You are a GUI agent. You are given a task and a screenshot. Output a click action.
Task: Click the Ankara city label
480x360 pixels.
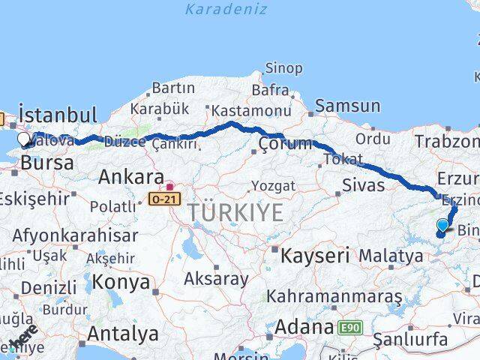coord(131,178)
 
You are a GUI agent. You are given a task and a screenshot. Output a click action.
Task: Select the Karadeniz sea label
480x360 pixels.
coord(226,10)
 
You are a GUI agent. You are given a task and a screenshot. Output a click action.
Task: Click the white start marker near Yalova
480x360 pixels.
coord(23,139)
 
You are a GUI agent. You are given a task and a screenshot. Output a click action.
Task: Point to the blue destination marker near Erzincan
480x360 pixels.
coord(442,225)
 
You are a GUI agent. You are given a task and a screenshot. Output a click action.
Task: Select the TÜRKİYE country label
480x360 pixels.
coord(235,212)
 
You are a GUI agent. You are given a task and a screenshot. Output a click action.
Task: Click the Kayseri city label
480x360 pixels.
coord(315,256)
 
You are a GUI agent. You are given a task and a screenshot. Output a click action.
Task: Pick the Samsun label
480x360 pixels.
coord(347,106)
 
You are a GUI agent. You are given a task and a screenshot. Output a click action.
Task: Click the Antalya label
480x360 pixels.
coord(123,332)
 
